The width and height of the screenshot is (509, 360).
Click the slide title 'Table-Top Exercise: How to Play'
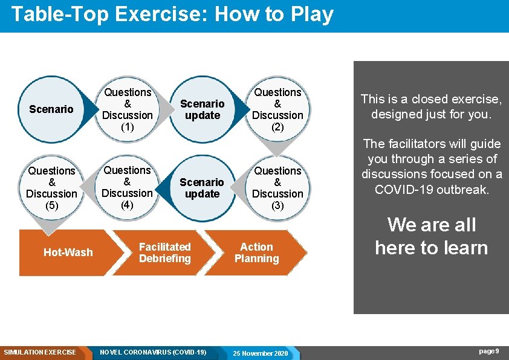[172, 14]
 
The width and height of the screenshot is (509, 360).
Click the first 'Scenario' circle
[51, 109]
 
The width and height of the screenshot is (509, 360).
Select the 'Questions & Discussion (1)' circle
[128, 109]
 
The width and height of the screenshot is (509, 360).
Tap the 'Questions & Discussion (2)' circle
[277, 109]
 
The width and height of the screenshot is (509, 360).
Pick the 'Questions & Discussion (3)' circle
[277, 188]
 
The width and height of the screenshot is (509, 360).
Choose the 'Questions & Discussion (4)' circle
[128, 187]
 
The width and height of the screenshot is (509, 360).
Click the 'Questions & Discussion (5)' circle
[51, 188]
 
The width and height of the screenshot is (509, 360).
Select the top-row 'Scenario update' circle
[202, 109]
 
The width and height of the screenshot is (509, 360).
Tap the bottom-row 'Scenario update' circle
[202, 188]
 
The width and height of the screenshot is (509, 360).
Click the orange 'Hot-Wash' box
[68, 252]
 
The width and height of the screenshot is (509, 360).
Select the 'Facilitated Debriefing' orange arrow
[164, 252]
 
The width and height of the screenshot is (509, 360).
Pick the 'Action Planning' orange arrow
[256, 252]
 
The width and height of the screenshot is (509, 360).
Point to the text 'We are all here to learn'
[431, 236]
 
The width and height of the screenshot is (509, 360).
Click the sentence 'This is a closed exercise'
[431, 99]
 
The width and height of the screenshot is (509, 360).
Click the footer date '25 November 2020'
[261, 353]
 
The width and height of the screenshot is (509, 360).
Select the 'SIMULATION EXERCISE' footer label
[40, 352]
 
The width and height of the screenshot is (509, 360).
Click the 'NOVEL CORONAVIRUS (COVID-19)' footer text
[153, 352]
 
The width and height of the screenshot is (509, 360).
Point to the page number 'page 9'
[488, 352]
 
